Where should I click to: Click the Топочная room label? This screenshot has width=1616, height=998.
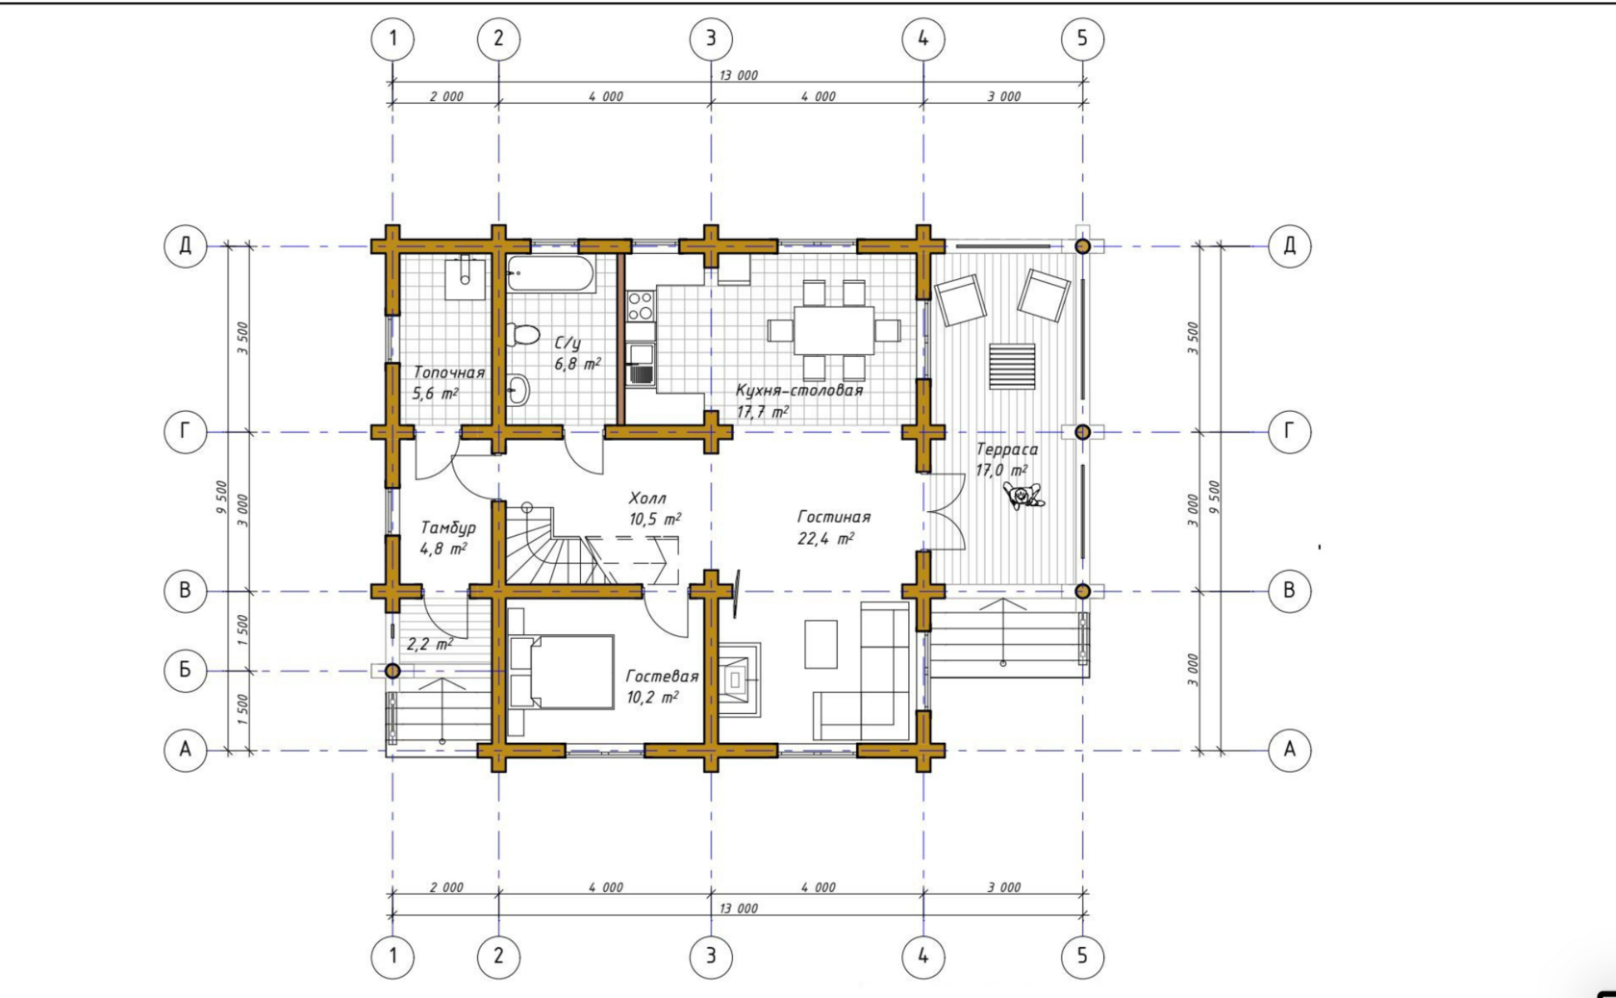[x=448, y=372]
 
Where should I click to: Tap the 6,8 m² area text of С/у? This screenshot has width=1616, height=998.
[x=577, y=364]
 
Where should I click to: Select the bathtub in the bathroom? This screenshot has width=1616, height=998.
[x=551, y=273]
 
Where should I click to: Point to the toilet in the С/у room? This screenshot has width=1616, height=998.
[x=523, y=335]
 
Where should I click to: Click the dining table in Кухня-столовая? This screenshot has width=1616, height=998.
[x=833, y=330]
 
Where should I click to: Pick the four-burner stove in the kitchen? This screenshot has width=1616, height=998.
[x=640, y=305]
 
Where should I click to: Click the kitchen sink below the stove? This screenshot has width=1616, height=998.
[x=641, y=364]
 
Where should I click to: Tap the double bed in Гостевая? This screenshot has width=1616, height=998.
[x=562, y=672]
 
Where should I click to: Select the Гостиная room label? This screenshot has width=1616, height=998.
[x=834, y=517]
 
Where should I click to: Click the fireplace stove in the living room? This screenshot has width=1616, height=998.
[x=736, y=678]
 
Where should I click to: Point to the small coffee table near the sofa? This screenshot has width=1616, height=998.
[x=821, y=644]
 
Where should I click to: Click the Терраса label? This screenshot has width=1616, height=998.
[x=1007, y=448]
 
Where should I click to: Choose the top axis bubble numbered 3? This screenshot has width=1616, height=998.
[x=711, y=38]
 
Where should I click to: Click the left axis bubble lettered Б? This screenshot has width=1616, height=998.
[x=186, y=671]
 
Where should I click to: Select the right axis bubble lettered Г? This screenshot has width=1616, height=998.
[x=1289, y=431]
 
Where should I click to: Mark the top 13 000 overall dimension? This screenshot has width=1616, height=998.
[x=739, y=75]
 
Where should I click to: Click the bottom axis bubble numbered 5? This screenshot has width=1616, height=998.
[x=1082, y=957]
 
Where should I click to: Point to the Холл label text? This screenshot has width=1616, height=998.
[x=647, y=498]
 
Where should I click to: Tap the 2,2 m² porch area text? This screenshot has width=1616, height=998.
[x=430, y=644]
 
